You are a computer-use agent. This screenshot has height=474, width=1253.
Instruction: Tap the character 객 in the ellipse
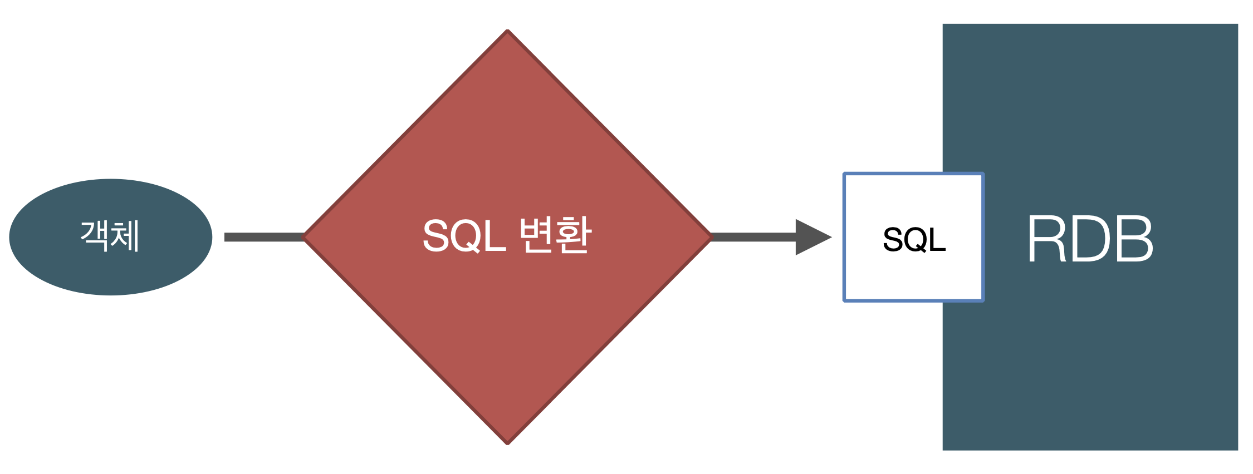tap(95, 236)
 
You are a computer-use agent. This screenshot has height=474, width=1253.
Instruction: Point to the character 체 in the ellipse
tap(125, 236)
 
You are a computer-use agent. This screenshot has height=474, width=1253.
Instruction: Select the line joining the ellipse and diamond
tap(263, 238)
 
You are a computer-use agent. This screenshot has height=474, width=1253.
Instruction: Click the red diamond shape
tap(507, 334)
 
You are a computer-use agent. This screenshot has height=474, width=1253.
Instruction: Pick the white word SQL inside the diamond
tap(463, 236)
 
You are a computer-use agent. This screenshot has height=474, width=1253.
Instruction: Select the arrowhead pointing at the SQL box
tap(812, 238)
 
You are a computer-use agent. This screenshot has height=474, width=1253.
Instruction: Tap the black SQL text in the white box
tap(914, 240)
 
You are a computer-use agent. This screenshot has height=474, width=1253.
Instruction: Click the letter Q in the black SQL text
tap(914, 240)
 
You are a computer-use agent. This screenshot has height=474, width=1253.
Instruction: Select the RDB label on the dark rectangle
tap(1090, 239)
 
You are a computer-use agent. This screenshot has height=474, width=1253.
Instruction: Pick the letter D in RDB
tap(1090, 239)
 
